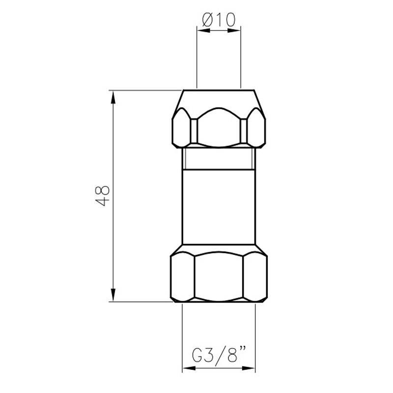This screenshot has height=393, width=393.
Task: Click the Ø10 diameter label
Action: point(219,20)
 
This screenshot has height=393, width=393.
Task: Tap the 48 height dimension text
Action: point(103,196)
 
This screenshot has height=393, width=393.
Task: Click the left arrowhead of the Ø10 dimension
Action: point(203,30)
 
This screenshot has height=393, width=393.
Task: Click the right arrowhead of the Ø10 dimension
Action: point(234,30)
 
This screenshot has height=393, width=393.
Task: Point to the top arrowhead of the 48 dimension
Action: point(113,97)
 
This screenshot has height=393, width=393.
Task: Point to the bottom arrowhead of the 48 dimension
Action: point(113,295)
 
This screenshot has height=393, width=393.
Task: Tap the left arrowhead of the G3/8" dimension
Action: point(189,368)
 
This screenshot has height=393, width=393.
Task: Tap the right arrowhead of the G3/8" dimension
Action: point(249,368)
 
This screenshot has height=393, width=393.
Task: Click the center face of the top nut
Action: point(219,127)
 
